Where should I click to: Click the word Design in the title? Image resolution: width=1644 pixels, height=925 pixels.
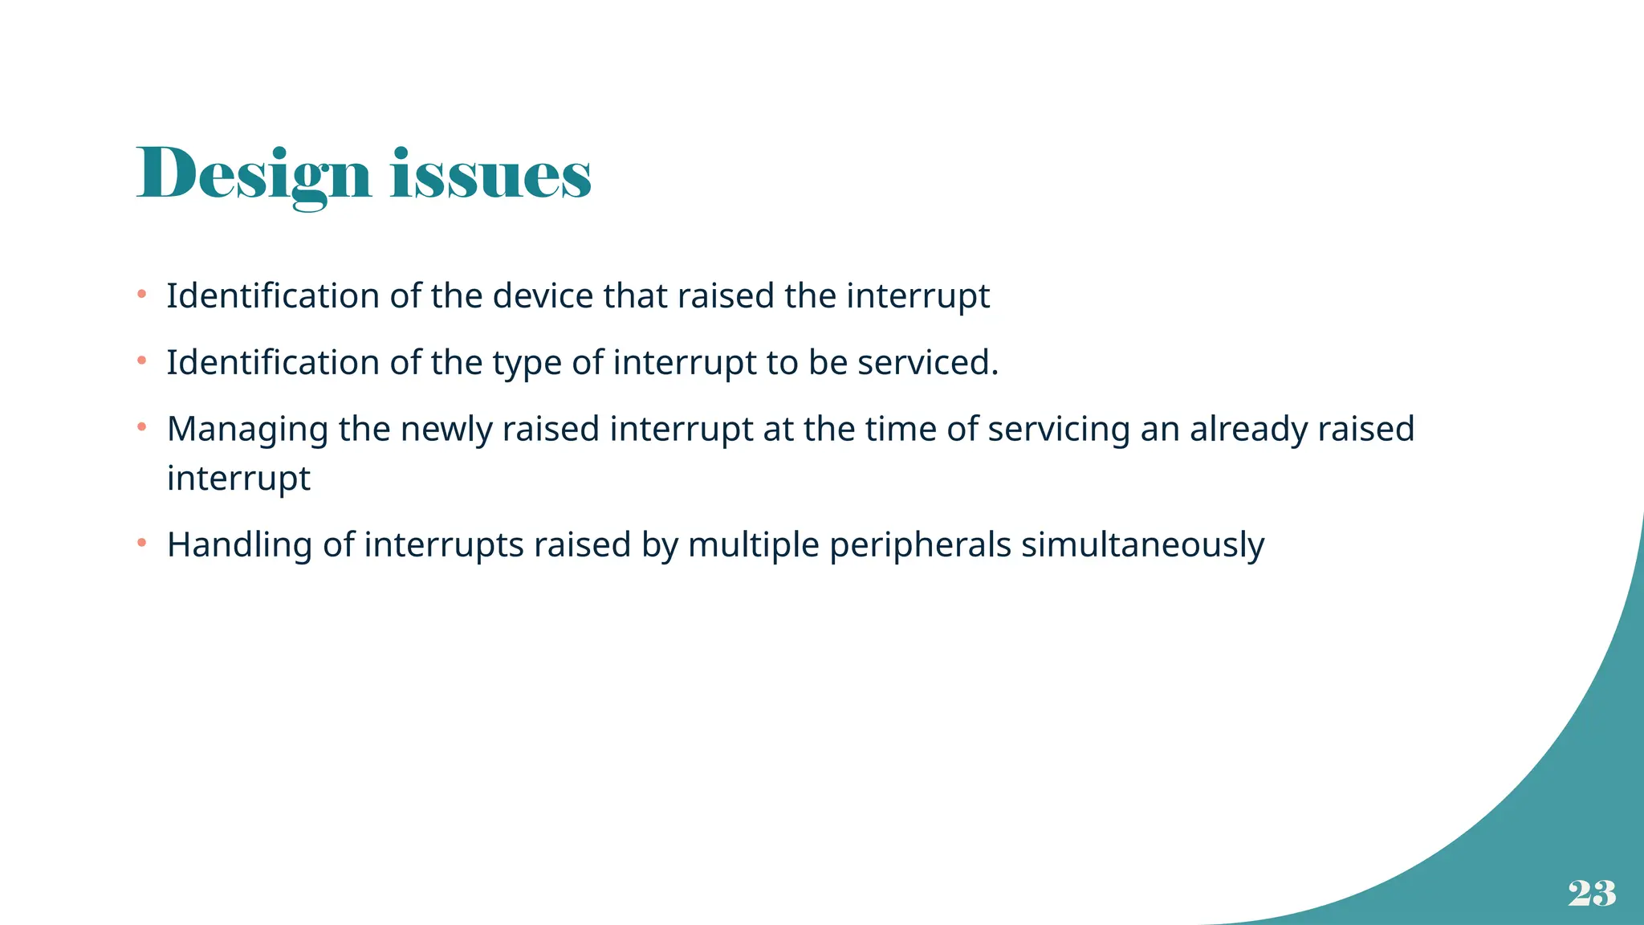click(x=254, y=174)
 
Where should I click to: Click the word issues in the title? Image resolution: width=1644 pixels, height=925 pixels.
click(x=490, y=174)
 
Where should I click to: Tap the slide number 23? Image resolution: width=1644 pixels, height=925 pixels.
click(x=1592, y=893)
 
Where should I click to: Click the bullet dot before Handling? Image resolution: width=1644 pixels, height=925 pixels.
click(x=141, y=544)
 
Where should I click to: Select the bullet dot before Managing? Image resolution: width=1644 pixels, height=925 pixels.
click(x=141, y=428)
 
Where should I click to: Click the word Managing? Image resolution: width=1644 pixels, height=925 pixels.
click(x=247, y=430)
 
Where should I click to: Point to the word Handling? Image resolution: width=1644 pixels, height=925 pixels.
click(x=239, y=545)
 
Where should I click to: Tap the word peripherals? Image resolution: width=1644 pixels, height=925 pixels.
click(x=920, y=545)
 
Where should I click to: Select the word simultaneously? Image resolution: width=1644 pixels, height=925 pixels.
click(x=1142, y=545)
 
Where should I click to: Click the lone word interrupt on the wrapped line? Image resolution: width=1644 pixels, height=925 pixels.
click(x=238, y=479)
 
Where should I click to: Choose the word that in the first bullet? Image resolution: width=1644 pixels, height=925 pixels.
click(x=635, y=295)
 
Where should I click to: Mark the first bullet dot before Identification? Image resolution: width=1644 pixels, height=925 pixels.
click(x=141, y=295)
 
